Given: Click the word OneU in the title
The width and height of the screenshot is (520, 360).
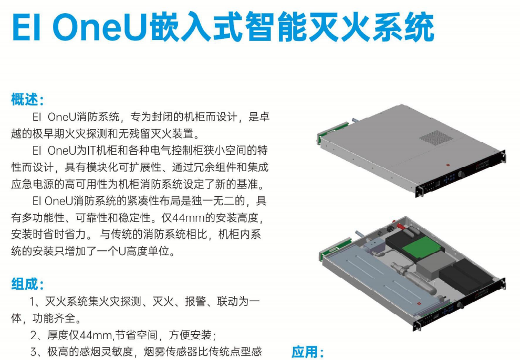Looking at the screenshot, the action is [99, 27].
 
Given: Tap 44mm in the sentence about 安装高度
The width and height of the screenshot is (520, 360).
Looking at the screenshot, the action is [183, 218].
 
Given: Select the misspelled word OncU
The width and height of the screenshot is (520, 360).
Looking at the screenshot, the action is [61, 117].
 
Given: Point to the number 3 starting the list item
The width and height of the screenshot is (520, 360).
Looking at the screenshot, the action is [34, 352].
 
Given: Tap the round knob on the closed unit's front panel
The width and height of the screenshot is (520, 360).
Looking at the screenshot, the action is [461, 174].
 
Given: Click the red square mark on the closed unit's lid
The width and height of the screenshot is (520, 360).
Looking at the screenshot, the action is [446, 165].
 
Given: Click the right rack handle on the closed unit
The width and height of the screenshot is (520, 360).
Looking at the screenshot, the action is [503, 156].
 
